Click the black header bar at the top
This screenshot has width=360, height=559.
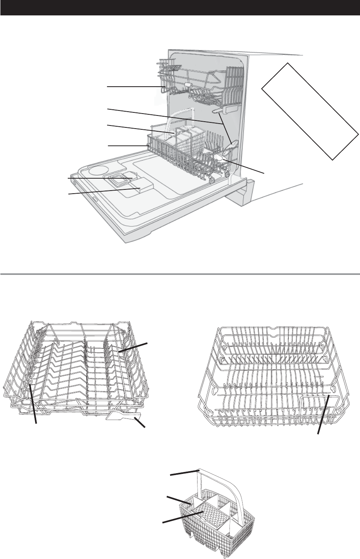pyautogui.click(x=180, y=8)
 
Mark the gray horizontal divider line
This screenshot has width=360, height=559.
pyautogui.click(x=180, y=274)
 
